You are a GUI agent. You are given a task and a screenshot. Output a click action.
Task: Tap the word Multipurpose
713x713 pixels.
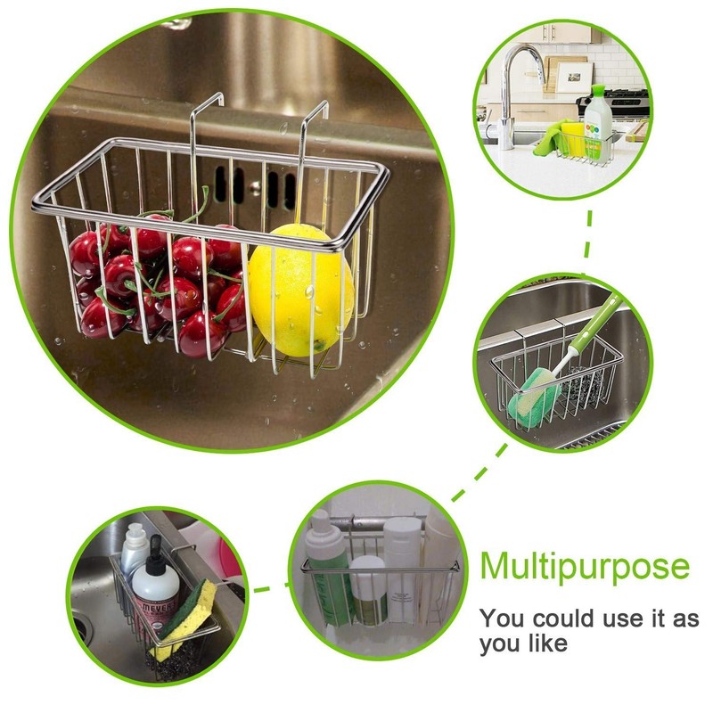(585, 566)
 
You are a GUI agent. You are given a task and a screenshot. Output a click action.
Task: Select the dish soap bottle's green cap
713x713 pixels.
(594, 92)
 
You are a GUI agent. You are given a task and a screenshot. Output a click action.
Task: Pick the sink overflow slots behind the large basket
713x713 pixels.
(255, 188)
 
